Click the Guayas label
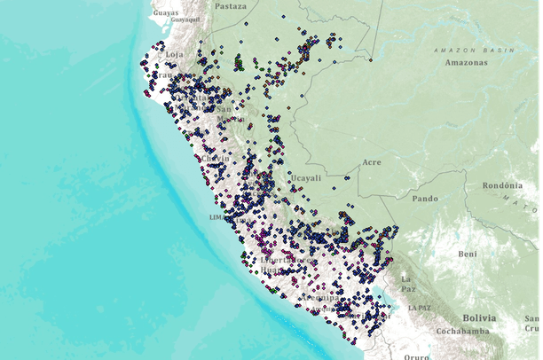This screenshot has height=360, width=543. pyautogui.click(x=165, y=13)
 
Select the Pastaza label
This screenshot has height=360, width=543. pyautogui.click(x=230, y=5)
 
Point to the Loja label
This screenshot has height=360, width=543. pyautogui.click(x=174, y=54)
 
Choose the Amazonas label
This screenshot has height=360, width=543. pyautogui.click(x=466, y=63)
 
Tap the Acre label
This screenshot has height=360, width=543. pyautogui.click(x=371, y=163)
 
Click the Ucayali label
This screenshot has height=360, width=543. pyautogui.click(x=306, y=177)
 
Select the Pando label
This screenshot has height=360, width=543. pyautogui.click(x=426, y=198)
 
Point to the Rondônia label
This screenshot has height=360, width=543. pyautogui.click(x=503, y=185)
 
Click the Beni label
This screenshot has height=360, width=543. pyautogui.click(x=467, y=254)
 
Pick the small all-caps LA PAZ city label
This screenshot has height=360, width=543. pyautogui.click(x=419, y=307)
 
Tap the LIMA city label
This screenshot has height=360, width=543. pyautogui.click(x=217, y=216)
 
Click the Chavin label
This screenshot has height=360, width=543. pyautogui.click(x=216, y=160)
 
